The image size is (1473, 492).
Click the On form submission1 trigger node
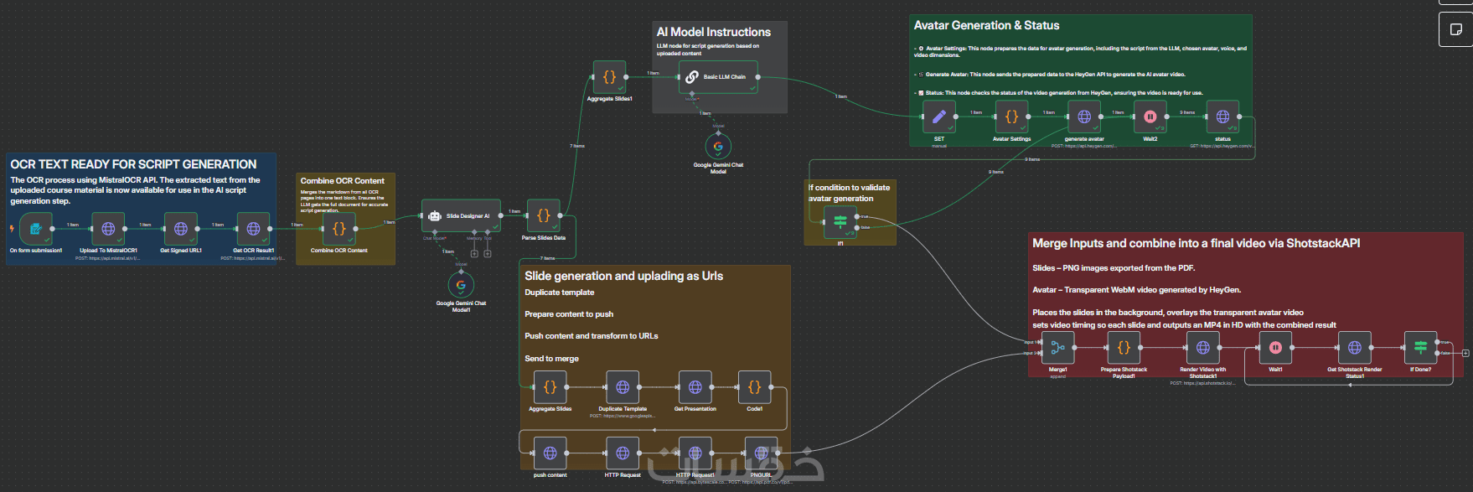tap(36, 228)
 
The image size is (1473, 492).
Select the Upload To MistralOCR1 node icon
tap(108, 228)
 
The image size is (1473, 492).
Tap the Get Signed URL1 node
tap(181, 228)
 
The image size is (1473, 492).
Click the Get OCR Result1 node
tap(253, 228)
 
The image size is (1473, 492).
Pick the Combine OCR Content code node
tap(339, 228)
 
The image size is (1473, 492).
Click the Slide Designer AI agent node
tap(461, 215)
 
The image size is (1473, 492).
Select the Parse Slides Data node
tap(543, 215)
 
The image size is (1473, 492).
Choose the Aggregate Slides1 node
tap(609, 76)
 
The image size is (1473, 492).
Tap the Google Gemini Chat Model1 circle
tap(461, 285)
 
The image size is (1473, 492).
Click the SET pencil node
tap(938, 117)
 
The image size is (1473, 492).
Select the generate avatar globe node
tap(1084, 117)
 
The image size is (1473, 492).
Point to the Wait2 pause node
tap(1150, 117)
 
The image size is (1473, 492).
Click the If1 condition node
tap(840, 222)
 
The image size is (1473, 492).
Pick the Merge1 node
tap(1057, 347)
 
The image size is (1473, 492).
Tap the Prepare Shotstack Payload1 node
tap(1124, 347)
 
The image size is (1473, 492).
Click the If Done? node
tap(1420, 347)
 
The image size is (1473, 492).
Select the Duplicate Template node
tap(623, 387)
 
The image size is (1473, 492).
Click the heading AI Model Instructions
tap(714, 32)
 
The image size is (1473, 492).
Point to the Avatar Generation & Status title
tap(986, 26)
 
